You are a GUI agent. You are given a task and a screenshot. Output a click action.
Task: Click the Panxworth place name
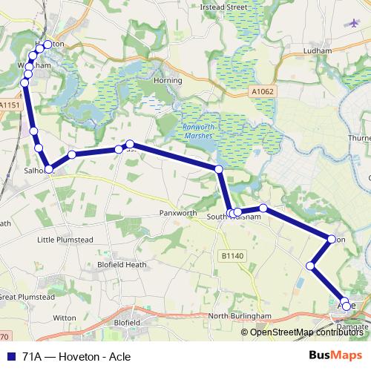178,212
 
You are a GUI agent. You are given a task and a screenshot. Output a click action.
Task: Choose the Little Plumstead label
65,240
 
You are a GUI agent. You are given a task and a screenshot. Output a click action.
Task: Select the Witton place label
65,317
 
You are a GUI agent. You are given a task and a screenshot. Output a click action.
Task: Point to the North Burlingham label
240,316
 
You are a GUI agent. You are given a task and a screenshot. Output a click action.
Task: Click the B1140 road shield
232,255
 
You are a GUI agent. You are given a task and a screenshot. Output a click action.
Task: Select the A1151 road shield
9,105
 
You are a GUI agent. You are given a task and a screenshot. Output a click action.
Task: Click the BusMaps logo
335,355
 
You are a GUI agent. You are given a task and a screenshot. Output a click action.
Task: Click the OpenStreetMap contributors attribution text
308,332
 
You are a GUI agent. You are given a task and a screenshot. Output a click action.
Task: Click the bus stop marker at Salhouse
50,169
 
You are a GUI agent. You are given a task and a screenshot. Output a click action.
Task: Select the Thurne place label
359,138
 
